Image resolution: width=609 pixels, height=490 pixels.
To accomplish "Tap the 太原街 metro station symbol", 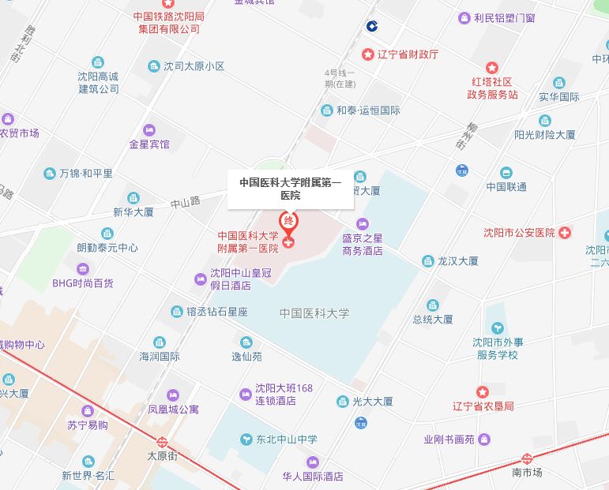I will click(x=162, y=443).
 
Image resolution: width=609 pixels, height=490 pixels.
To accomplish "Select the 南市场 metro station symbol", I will click(x=527, y=458).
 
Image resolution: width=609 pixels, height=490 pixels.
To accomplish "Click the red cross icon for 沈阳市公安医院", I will click(x=565, y=233).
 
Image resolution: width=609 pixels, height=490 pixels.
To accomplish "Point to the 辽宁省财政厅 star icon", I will click(x=367, y=54).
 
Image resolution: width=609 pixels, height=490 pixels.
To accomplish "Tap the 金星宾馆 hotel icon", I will click(x=149, y=130).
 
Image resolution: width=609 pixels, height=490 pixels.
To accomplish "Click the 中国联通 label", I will click(x=506, y=187).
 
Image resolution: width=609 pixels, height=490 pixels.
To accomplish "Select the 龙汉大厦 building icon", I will click(x=428, y=260).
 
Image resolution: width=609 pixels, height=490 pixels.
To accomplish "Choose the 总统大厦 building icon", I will click(x=433, y=305).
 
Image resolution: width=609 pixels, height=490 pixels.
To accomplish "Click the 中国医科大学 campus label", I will click(x=314, y=313).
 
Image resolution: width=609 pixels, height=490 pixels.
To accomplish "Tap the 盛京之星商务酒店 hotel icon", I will click(x=363, y=223).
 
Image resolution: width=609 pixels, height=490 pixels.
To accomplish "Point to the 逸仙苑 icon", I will click(x=246, y=342).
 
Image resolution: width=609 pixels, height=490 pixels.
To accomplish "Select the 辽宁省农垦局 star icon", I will click(x=483, y=392).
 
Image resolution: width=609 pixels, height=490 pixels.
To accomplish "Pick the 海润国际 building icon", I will click(x=160, y=342).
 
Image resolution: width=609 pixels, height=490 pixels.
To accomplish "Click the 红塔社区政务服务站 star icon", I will click(x=492, y=69).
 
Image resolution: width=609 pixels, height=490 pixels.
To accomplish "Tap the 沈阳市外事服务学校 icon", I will click(x=497, y=327).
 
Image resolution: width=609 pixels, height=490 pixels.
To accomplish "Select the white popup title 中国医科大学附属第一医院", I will click(x=291, y=189).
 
